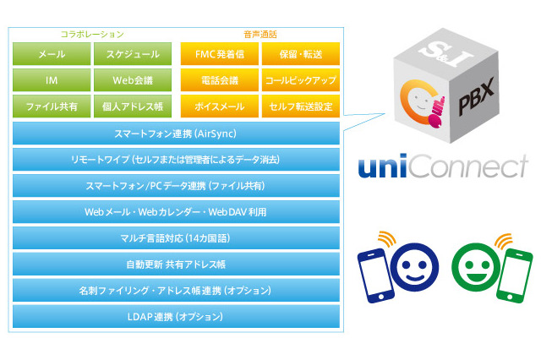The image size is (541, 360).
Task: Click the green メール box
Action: [51, 54]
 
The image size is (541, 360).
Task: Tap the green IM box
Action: [51, 80]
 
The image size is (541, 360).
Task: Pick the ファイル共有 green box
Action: [51, 107]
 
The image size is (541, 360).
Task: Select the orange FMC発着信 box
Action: [219, 54]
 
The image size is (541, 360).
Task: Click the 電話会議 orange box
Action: [219, 80]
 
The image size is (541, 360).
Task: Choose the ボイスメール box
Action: [219, 107]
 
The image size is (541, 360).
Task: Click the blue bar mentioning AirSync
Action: [177, 134]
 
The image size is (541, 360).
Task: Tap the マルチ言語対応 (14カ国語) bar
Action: [177, 238]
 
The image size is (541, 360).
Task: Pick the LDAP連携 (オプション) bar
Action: [177, 317]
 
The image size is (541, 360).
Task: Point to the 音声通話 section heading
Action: [260, 34]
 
